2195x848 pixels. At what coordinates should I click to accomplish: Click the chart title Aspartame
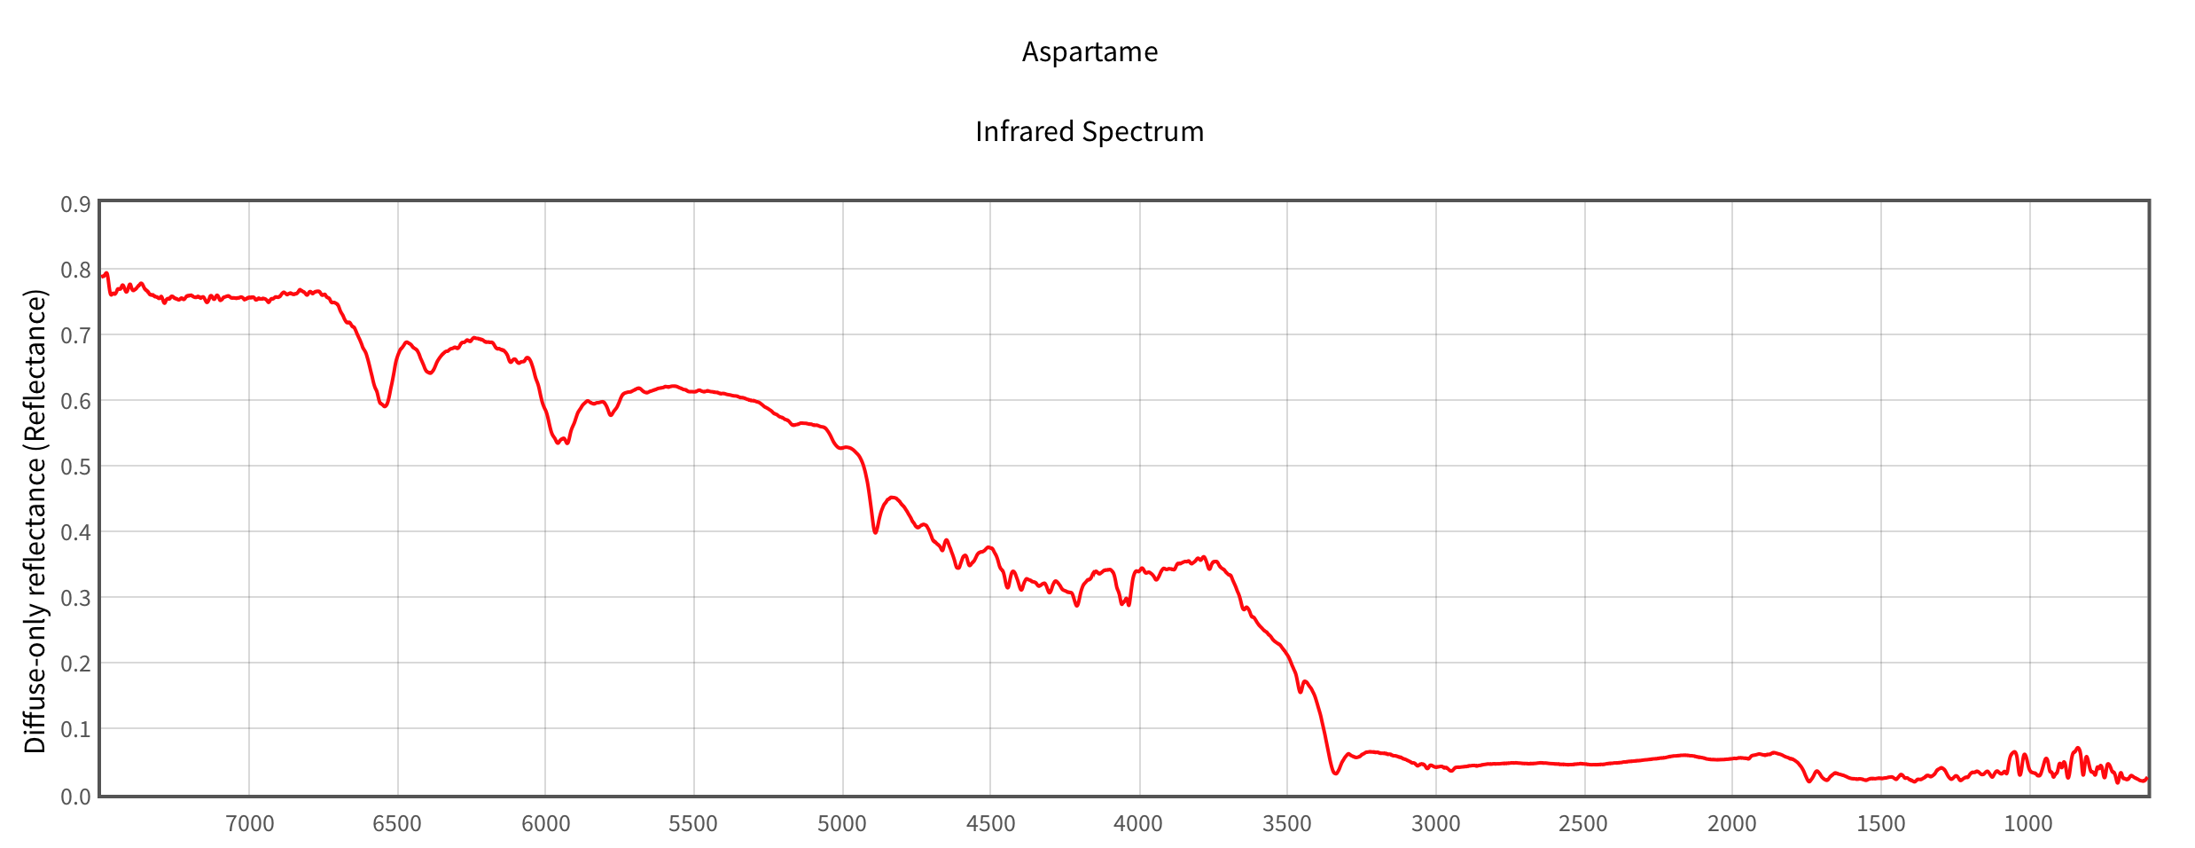click(1090, 51)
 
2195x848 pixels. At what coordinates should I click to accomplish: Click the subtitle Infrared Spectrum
click(1090, 131)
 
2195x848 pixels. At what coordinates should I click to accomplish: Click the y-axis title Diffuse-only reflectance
click(35, 522)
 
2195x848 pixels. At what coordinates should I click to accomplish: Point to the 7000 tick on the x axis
click(249, 823)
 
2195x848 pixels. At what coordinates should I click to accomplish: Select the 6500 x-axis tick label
click(397, 823)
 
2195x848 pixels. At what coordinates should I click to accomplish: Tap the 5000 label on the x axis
click(842, 823)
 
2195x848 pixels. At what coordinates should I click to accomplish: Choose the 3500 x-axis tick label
click(1287, 823)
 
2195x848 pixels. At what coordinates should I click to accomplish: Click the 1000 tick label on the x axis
click(2028, 823)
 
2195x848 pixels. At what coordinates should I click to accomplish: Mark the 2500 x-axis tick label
click(1583, 823)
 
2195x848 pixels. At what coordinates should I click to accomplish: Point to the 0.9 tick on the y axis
click(75, 204)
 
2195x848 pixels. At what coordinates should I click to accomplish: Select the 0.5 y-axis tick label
click(75, 467)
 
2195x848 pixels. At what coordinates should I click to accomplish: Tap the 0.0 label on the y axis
click(75, 797)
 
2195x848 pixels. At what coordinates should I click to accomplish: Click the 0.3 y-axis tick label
click(75, 598)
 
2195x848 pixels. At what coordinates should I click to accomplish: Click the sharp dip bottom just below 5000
click(875, 532)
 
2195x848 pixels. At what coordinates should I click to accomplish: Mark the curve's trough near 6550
click(385, 406)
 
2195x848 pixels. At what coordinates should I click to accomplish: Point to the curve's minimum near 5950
click(558, 443)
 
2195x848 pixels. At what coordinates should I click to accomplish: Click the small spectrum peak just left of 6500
click(407, 342)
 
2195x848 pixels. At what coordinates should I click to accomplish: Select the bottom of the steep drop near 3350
click(1335, 773)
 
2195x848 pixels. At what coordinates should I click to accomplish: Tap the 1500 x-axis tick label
click(1880, 823)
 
